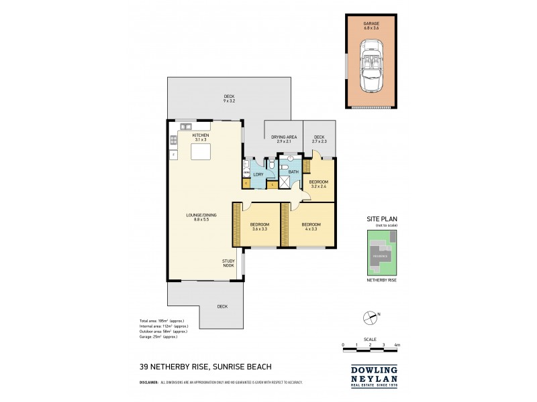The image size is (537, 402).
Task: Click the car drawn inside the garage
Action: tap(372, 66)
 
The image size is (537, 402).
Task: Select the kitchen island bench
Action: tap(201, 153)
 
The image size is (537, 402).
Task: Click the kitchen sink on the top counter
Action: tap(185, 125)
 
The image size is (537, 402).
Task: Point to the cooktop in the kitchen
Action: tap(173, 140)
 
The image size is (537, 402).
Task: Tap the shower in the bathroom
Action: tap(293, 184)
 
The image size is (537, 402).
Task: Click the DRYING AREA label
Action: tap(284, 139)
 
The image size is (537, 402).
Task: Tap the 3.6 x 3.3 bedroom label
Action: tap(259, 226)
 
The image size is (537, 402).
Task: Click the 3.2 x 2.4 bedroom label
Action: tap(318, 184)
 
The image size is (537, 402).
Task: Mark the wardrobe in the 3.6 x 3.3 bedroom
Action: tap(236, 224)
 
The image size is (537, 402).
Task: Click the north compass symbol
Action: tap(367, 316)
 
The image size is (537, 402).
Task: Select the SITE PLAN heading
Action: tap(382, 218)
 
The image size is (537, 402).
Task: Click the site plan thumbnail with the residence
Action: tap(382, 253)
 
